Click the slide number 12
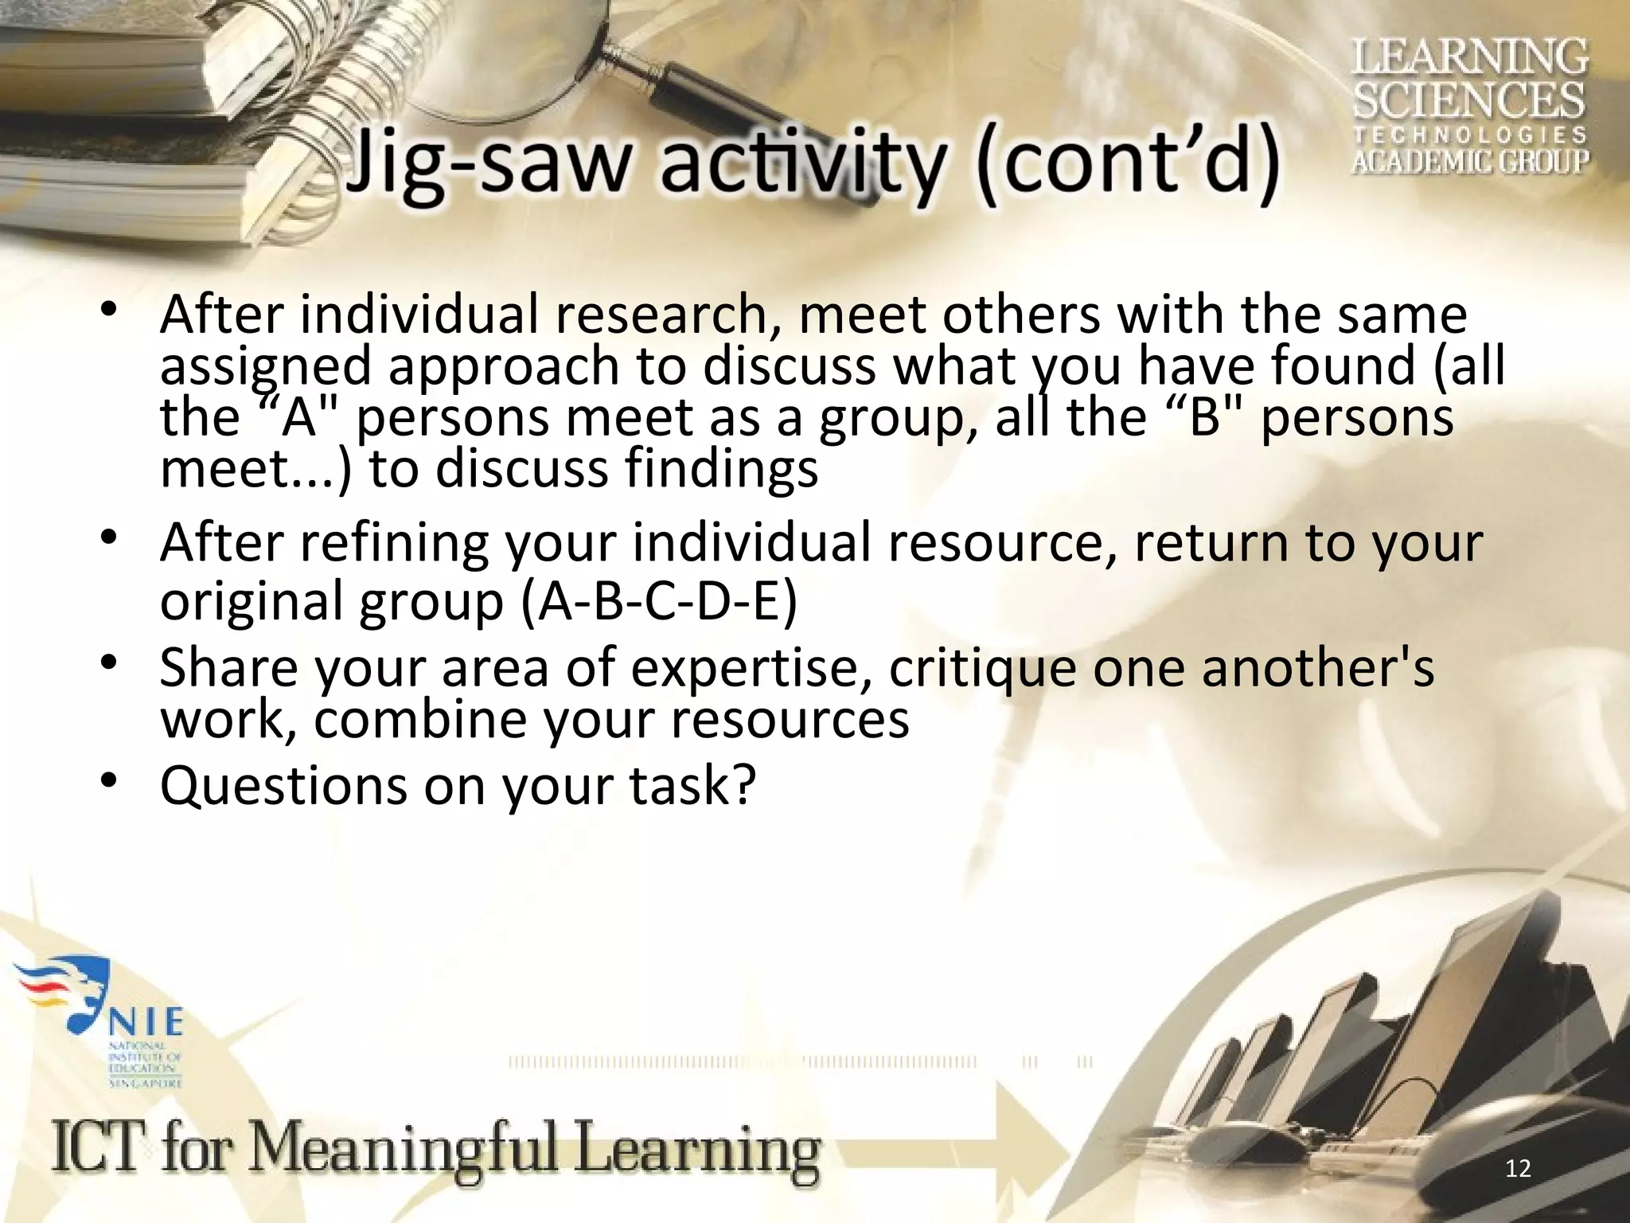(1519, 1168)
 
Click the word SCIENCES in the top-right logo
(1469, 101)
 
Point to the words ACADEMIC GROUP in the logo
(1469, 161)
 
